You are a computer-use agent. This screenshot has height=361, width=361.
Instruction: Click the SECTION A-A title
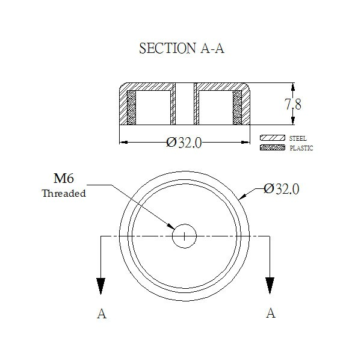(x=182, y=48)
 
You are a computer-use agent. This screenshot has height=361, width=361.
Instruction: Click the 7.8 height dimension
(x=293, y=104)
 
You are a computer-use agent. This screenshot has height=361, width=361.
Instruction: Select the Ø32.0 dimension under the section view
(x=184, y=143)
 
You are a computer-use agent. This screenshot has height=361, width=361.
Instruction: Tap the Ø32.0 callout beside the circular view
(x=282, y=189)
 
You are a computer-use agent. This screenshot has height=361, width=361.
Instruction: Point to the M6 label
(x=64, y=179)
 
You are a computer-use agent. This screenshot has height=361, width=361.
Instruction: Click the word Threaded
(x=64, y=193)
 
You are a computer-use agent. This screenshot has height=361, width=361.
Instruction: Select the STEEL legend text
(x=298, y=138)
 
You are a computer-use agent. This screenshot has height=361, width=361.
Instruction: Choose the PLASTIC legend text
(x=301, y=148)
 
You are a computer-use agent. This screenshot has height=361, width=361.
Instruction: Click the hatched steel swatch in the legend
(x=273, y=138)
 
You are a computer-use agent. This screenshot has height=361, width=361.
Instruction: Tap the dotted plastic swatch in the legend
(x=273, y=147)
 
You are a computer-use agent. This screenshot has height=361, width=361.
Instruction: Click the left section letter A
(x=102, y=313)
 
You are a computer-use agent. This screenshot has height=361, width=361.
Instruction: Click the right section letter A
(x=271, y=313)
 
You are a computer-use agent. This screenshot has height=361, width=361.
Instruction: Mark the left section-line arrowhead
(x=101, y=286)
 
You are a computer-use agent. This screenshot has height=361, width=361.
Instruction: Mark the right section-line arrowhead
(x=270, y=286)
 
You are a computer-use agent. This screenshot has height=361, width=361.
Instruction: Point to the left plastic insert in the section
(x=131, y=108)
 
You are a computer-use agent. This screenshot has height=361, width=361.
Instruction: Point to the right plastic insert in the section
(x=238, y=108)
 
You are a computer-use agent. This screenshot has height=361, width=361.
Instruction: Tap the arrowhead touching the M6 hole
(x=171, y=226)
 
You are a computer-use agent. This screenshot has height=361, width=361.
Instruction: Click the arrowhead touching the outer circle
(x=242, y=196)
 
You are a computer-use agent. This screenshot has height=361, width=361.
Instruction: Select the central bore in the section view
(x=185, y=104)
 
